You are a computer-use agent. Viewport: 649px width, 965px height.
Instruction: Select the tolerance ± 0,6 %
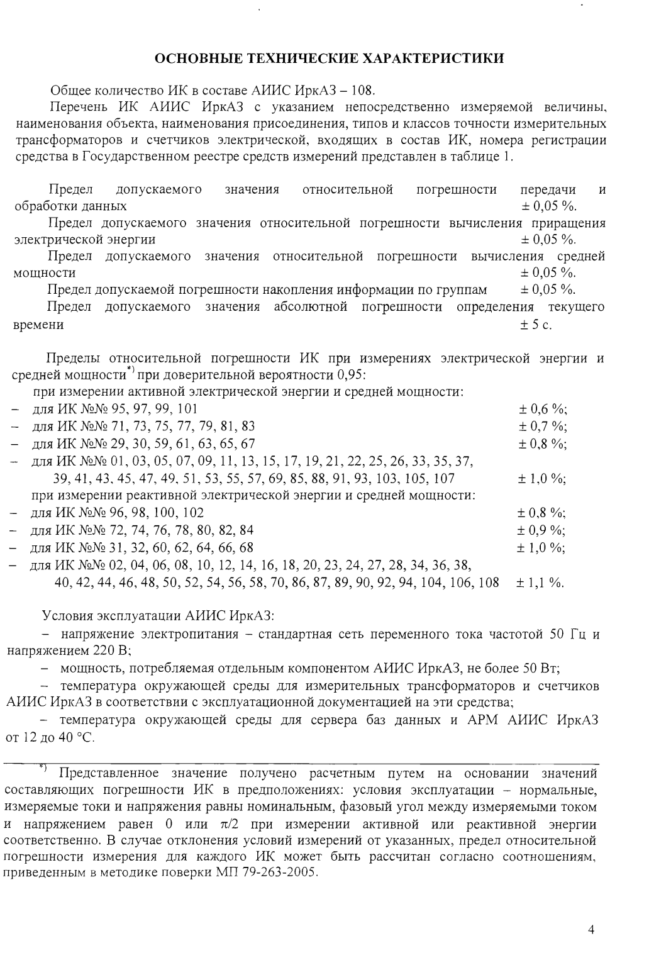click(543, 409)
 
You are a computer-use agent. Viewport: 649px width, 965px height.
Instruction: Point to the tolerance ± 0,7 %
click(543, 427)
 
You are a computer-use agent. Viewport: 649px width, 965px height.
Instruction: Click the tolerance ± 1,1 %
click(540, 583)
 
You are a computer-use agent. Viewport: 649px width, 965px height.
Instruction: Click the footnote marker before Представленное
click(43, 767)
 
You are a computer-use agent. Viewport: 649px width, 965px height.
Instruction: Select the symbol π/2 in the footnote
click(226, 824)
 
